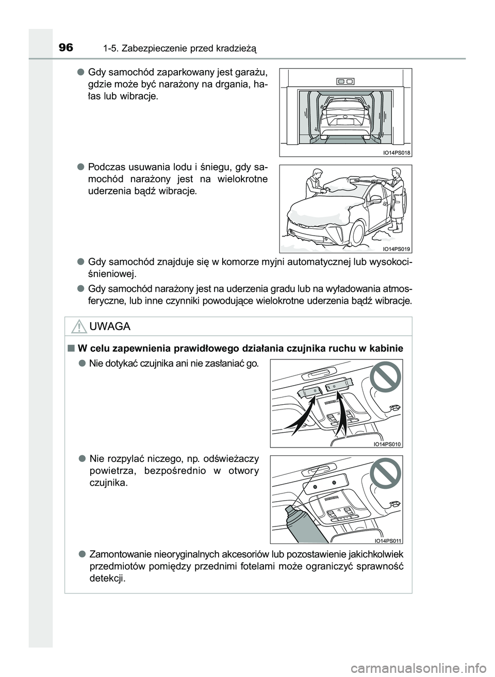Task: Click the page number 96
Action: point(65,48)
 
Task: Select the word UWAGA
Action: point(109,326)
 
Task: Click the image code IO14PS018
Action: point(396,153)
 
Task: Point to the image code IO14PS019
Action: point(396,249)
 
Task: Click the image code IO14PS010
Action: point(387,444)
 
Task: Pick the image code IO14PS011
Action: point(387,540)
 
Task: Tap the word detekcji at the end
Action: point(107,578)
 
